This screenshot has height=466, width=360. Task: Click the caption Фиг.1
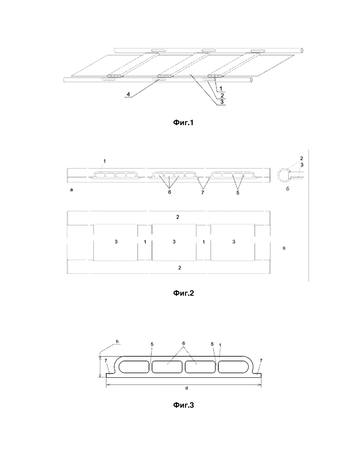[x=183, y=122]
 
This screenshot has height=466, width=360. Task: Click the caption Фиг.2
[x=184, y=293]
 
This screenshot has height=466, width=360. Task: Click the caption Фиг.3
[x=184, y=405]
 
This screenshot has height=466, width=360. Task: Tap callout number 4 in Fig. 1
[x=128, y=94]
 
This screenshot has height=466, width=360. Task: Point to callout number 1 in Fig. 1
[x=221, y=89]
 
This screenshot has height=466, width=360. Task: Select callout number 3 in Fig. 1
[x=222, y=102]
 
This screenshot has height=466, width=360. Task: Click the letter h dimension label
[x=117, y=342]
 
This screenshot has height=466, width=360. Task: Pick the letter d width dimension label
[x=187, y=388]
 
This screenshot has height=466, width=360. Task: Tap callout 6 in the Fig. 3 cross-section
[x=184, y=343]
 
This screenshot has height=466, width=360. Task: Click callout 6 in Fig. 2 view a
[x=169, y=192]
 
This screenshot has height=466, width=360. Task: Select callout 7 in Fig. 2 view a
[x=202, y=192]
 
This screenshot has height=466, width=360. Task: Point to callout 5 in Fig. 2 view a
[x=238, y=192]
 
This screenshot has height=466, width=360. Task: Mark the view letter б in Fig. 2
[x=288, y=188]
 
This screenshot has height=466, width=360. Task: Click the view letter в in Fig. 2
[x=284, y=248]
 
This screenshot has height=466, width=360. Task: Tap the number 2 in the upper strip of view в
[x=178, y=217]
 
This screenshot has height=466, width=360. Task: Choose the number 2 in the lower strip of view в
[x=180, y=268]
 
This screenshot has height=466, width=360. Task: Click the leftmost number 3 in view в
[x=116, y=242]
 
